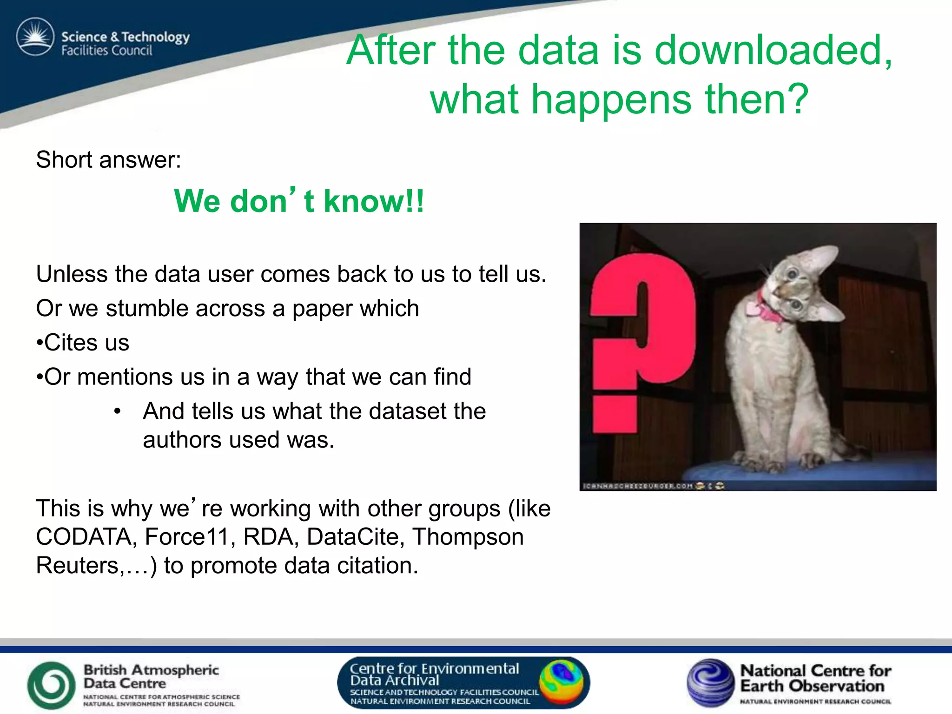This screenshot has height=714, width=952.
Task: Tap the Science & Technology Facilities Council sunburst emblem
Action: click(35, 37)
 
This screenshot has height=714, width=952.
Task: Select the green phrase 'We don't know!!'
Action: click(298, 201)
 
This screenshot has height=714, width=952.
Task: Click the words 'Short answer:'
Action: click(108, 160)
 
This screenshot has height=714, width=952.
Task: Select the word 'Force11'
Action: click(186, 537)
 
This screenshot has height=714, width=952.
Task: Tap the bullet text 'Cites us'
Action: click(86, 343)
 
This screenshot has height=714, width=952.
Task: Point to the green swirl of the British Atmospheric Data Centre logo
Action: click(51, 684)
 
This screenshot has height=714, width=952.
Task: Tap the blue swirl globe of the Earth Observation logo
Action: click(709, 682)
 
